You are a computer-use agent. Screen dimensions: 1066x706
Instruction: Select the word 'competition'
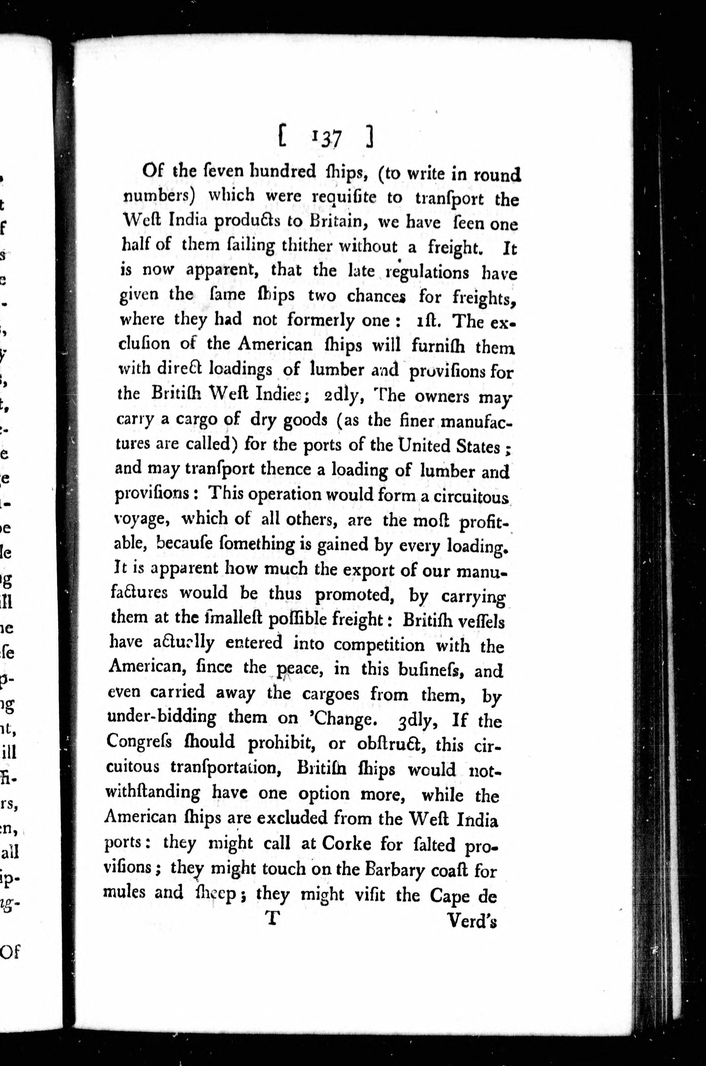[379, 645]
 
